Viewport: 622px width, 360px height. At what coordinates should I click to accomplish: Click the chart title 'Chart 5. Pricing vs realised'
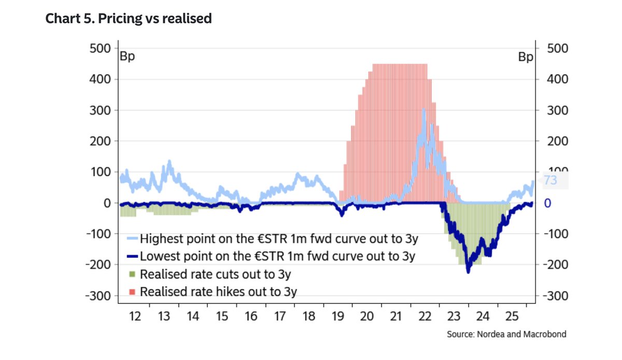129,19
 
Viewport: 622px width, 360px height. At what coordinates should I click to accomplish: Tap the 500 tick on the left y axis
100,48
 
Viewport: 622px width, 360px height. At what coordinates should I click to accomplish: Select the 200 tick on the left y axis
100,141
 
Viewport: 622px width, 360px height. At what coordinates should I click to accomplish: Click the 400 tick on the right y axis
557,79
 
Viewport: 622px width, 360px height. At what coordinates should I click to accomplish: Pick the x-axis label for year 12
135,316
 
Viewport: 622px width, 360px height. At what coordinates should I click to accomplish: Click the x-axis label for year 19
338,316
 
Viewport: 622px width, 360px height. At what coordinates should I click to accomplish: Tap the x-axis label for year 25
512,316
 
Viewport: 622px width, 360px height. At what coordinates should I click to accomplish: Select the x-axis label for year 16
251,316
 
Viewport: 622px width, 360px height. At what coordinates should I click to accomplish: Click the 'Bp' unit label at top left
128,57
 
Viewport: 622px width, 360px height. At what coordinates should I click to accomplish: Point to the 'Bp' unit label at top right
525,57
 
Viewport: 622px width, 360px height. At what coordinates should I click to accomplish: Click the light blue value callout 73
550,181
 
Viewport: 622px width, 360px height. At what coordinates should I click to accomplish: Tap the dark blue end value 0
547,203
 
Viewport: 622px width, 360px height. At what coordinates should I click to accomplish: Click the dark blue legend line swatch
133,256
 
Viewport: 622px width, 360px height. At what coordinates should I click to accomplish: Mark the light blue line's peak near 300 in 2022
424,110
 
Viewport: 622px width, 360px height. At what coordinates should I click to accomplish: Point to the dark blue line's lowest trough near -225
468,272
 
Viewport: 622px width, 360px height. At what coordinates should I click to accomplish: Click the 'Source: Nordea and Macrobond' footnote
506,334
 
